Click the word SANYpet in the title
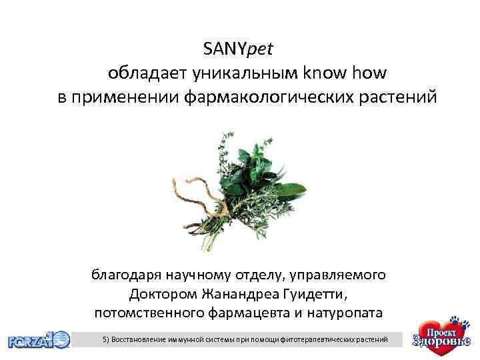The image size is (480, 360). [239, 49]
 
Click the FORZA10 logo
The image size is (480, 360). [39, 340]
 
